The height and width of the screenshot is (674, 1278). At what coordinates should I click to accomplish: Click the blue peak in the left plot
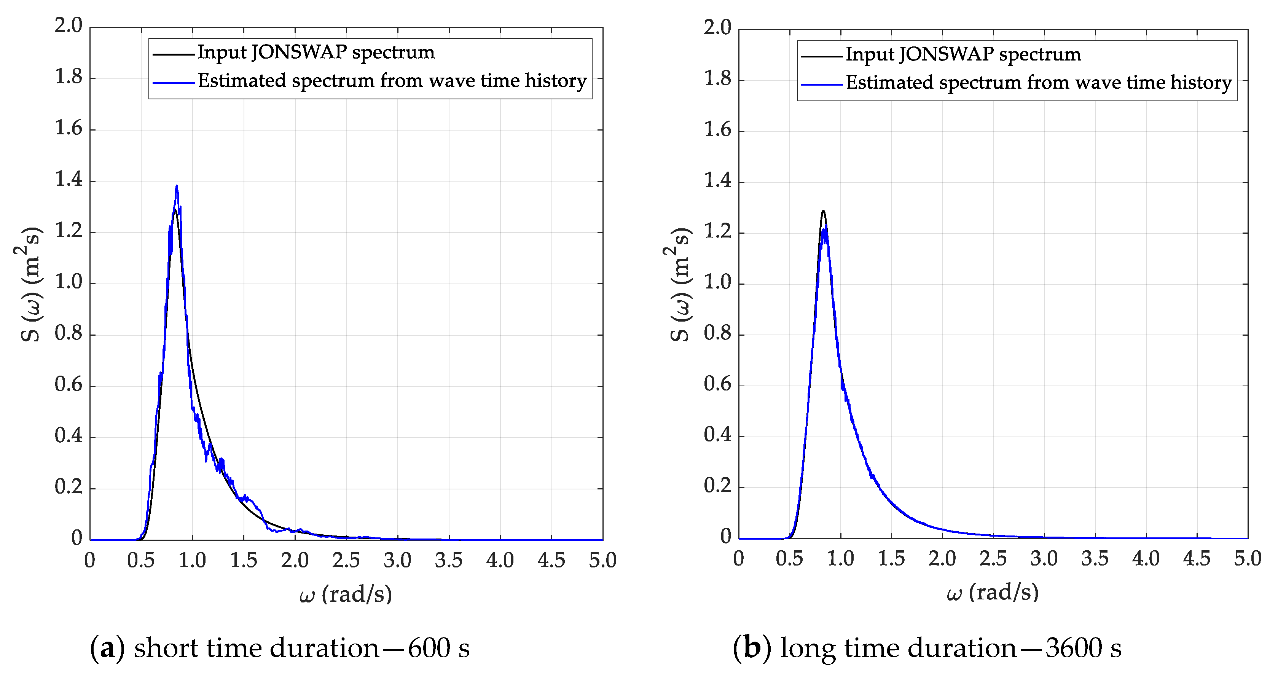tap(177, 187)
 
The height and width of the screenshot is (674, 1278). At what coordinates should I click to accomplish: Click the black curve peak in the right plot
tap(823, 211)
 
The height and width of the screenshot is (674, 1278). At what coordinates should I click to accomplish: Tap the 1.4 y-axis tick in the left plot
tap(69, 180)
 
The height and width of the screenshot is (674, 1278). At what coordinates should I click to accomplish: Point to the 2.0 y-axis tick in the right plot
tap(717, 28)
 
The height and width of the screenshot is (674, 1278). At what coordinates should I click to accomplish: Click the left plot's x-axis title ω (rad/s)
tap(346, 594)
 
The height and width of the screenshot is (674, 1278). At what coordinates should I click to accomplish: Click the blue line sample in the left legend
tap(173, 82)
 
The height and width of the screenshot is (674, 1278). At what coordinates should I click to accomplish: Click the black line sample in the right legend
tap(821, 56)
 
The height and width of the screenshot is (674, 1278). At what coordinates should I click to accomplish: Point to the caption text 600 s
tap(438, 648)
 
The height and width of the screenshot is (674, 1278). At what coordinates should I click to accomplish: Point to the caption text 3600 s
tap(1084, 648)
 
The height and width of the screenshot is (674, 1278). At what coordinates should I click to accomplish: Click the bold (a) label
tap(107, 648)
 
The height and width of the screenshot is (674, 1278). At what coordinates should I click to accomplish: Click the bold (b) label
tap(752, 648)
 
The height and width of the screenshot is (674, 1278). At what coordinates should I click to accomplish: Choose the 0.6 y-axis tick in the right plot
tap(717, 384)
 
